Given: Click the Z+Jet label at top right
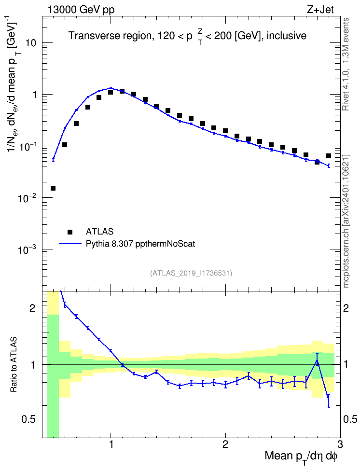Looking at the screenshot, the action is tap(320, 10).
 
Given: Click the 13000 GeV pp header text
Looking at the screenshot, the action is tap(81, 10).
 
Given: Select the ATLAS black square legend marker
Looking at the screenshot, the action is tap(70, 232).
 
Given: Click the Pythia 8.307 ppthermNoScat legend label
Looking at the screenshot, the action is tap(140, 244).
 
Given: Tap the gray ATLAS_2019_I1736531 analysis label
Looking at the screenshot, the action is tap(191, 273).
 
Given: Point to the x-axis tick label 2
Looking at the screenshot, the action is tap(225, 444).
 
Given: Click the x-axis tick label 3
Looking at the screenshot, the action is tap(340, 444).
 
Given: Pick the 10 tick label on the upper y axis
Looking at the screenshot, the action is tap(30, 43).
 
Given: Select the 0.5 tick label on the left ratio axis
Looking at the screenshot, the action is tap(29, 420).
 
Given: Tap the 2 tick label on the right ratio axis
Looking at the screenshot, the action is tap(346, 308).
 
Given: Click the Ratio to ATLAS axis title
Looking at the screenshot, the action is tap(14, 364).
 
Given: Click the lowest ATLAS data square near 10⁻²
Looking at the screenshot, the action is tap(53, 188).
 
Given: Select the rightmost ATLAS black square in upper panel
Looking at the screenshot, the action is tap(329, 156).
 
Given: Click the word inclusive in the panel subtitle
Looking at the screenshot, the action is tap(286, 36).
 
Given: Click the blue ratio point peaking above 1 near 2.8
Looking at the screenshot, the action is tap(317, 360).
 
